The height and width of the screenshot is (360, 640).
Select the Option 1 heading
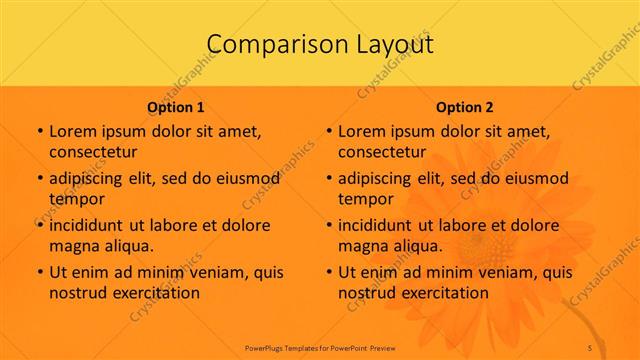[x=176, y=107]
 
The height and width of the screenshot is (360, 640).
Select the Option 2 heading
[x=465, y=107]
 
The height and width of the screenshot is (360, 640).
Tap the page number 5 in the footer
[x=590, y=346]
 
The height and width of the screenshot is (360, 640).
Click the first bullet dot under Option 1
[x=39, y=132]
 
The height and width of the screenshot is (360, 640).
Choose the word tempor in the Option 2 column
[x=363, y=199]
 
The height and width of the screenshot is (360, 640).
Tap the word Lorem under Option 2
[x=361, y=131]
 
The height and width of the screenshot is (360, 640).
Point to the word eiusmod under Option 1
[x=248, y=178]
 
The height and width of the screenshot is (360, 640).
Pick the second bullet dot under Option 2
[x=328, y=179]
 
